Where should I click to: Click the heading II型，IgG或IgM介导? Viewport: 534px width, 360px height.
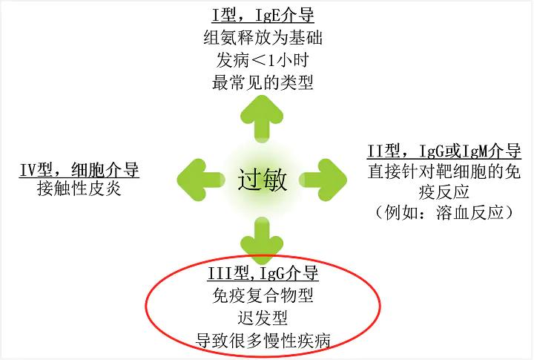click(444, 152)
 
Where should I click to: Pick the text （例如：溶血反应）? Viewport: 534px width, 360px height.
click(444, 213)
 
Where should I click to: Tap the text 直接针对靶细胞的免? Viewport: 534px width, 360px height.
click(444, 173)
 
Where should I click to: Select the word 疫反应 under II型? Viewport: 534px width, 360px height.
click(444, 193)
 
